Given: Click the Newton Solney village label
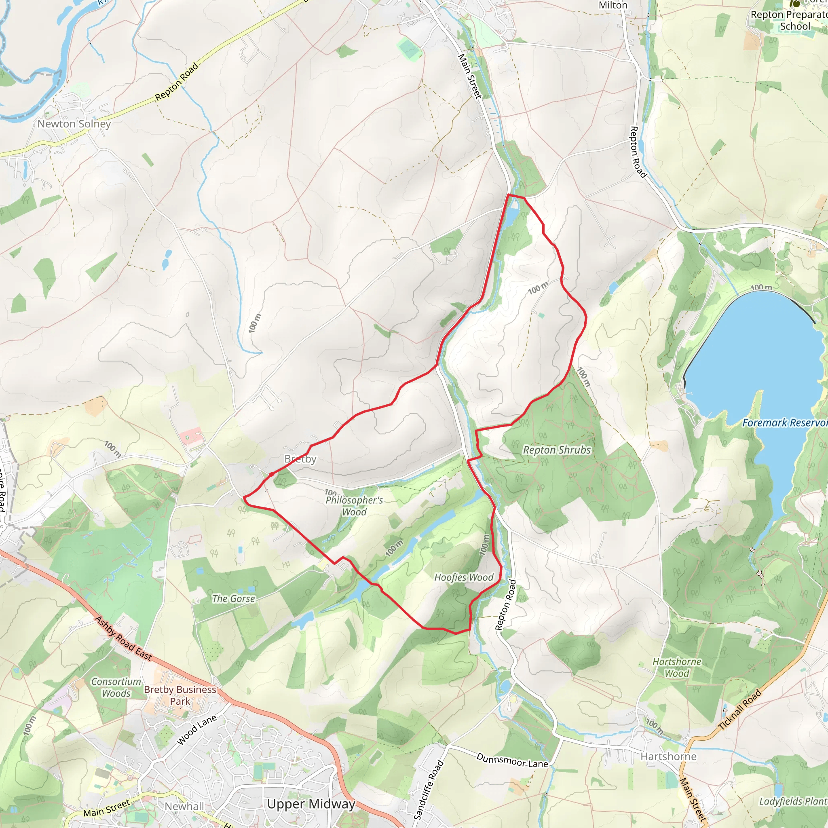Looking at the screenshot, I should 74,124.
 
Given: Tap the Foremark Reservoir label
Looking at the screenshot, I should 784,423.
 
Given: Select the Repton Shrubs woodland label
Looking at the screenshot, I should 557,450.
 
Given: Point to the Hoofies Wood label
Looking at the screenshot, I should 464,577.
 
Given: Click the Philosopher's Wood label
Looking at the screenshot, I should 354,506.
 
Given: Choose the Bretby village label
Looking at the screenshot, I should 300,459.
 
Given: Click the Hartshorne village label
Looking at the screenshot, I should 668,756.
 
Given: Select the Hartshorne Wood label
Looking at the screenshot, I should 677,667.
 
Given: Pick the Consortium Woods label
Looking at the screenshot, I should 116,687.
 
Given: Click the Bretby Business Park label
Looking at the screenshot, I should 180,695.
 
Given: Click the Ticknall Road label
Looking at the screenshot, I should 740,709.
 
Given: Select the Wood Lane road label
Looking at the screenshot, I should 197,730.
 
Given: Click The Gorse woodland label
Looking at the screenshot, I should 234,599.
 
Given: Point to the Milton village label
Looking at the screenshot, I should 613,5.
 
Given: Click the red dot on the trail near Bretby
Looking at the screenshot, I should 271,474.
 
